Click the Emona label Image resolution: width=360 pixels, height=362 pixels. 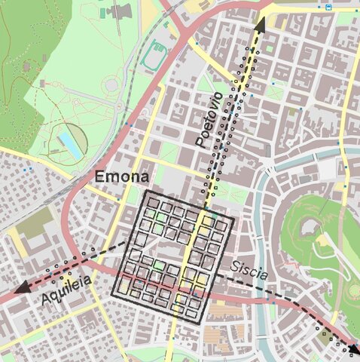click(x=121, y=178)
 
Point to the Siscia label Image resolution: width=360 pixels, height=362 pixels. click(x=249, y=268)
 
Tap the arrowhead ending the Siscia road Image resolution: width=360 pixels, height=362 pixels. click(x=352, y=348)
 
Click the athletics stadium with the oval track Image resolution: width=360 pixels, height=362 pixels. click(x=157, y=55)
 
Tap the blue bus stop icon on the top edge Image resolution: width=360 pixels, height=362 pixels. click(x=329, y=7)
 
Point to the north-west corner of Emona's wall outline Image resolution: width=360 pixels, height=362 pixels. click(x=145, y=193)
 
